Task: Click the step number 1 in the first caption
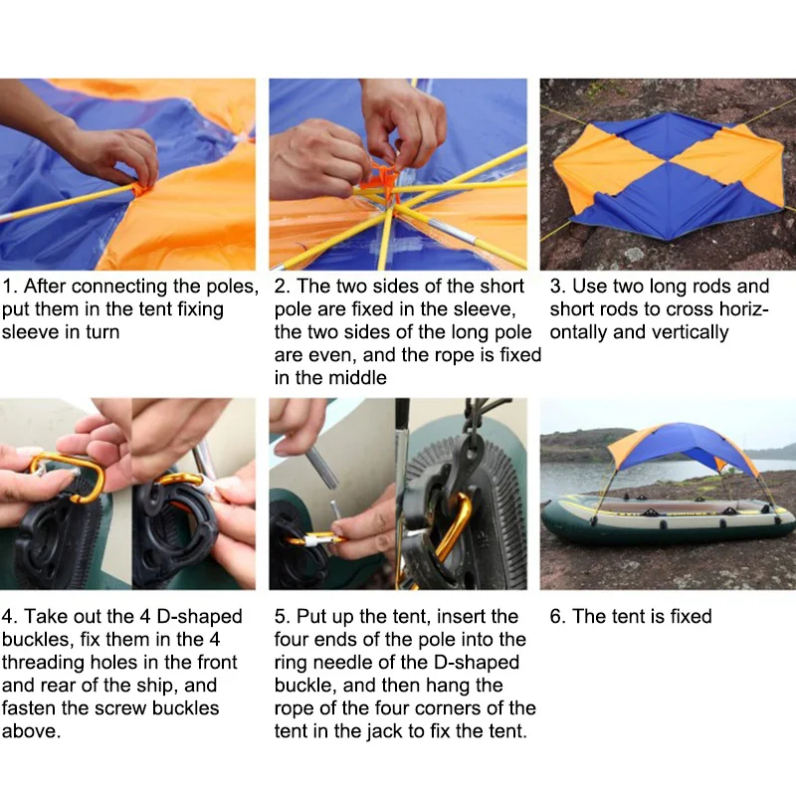click(x=9, y=287)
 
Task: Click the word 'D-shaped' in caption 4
click(x=199, y=616)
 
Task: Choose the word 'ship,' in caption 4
click(x=151, y=686)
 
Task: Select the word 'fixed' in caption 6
click(x=691, y=616)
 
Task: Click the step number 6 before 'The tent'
click(x=557, y=616)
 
